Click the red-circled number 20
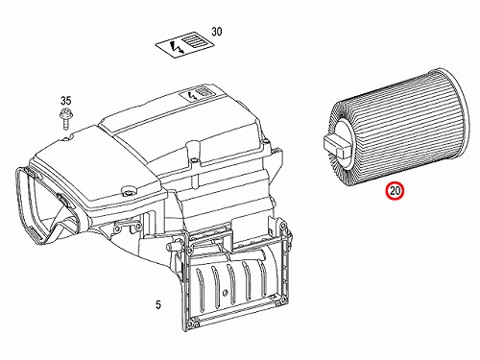(396, 191)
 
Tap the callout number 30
(217, 32)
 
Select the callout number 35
(65, 101)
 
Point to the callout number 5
(158, 305)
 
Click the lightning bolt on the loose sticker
(178, 47)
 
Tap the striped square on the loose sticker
(194, 41)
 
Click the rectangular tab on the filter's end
(337, 146)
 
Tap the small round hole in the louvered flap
(226, 292)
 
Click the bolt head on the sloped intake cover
(128, 192)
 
